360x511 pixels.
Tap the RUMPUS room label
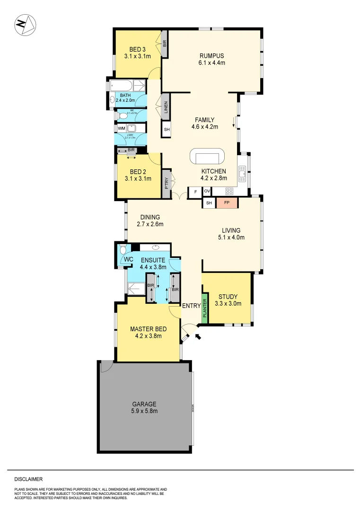[211, 55]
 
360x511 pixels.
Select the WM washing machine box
[121, 128]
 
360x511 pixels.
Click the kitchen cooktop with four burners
[229, 192]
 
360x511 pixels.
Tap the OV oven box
[207, 192]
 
